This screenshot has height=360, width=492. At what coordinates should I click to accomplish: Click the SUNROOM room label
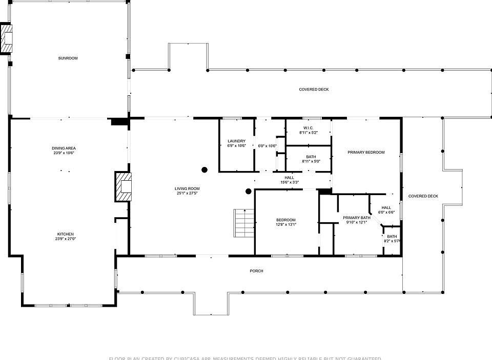point(68,58)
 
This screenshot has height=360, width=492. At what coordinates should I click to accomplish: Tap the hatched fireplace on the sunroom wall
point(6,38)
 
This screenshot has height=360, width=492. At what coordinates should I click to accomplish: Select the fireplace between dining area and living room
point(123,187)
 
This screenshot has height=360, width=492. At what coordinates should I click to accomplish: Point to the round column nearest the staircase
point(249,192)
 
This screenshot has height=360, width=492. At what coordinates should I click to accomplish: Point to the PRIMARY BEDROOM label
point(366,152)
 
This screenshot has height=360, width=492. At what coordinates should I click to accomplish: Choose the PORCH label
point(257,271)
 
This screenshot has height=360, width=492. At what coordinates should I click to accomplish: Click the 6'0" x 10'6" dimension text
point(267,146)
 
